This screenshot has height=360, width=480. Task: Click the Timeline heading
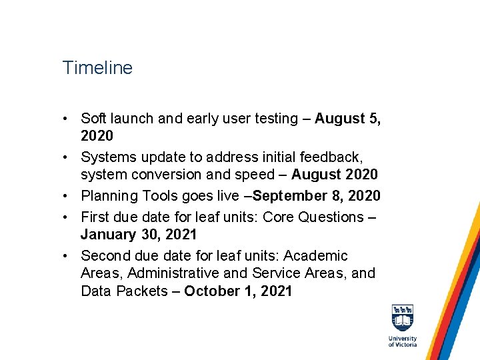tap(97, 68)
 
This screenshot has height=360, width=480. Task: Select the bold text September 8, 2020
tap(317, 196)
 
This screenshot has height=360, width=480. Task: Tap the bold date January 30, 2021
tap(139, 235)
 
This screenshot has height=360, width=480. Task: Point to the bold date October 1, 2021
tap(238, 291)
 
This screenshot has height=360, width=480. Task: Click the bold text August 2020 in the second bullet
tap(334, 175)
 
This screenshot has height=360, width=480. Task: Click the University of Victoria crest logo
tap(402, 319)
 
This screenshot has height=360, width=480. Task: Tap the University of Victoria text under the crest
tap(402, 341)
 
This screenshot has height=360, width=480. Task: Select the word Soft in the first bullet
tap(94, 119)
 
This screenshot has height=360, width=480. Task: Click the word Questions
tap(329, 217)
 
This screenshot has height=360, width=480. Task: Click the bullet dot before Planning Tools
tap(67, 196)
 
